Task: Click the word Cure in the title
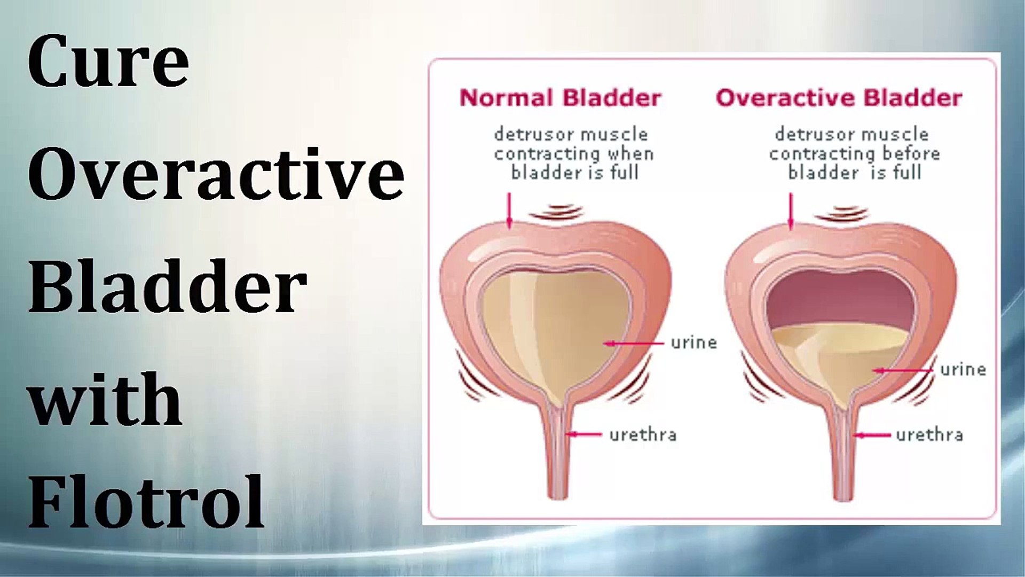coord(108,61)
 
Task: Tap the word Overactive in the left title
coord(216,174)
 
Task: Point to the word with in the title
coord(105,399)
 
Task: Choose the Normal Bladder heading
coord(561,98)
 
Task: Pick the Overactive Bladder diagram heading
coord(839,98)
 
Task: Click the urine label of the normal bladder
coord(693,342)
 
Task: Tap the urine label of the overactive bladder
coord(963,369)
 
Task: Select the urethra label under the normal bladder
coord(643,434)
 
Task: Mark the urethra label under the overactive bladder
coord(929,434)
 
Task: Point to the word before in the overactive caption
coord(911,154)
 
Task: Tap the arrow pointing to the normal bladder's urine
coord(634,343)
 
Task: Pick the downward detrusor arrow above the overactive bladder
coord(791,212)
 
